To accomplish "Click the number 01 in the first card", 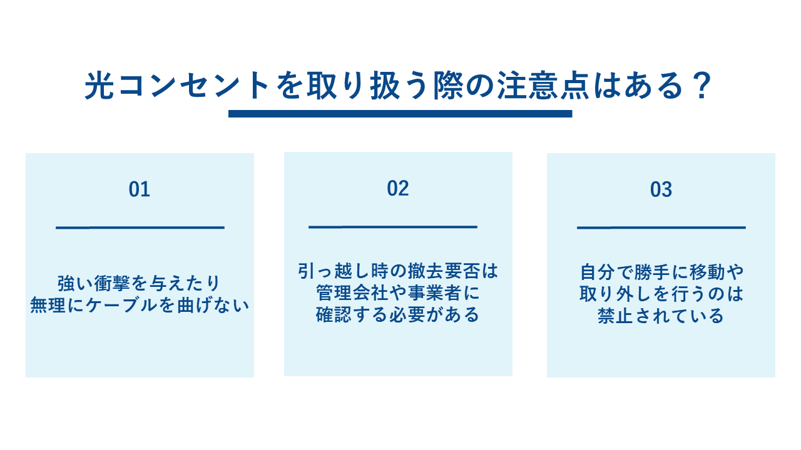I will pyautogui.click(x=140, y=189).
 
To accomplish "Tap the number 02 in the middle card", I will pyautogui.click(x=398, y=188).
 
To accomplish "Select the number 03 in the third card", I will pyautogui.click(x=661, y=189).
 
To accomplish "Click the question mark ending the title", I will pyautogui.click(x=702, y=87).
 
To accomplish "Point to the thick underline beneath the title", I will pyautogui.click(x=400, y=114).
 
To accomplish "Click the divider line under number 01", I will pyautogui.click(x=140, y=227).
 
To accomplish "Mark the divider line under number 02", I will pyautogui.click(x=393, y=226).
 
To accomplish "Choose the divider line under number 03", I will pyautogui.click(x=661, y=227).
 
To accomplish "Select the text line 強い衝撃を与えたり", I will pyautogui.click(x=140, y=283).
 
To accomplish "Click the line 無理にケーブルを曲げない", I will pyautogui.click(x=140, y=306).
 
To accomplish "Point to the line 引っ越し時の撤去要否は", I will pyautogui.click(x=398, y=271).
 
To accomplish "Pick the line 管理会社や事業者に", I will pyautogui.click(x=398, y=292).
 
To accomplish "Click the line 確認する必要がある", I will pyautogui.click(x=398, y=314).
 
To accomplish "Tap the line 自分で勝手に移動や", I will pyautogui.click(x=661, y=272).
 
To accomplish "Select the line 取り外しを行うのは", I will pyautogui.click(x=661, y=294).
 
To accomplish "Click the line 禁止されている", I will pyautogui.click(x=661, y=316).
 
